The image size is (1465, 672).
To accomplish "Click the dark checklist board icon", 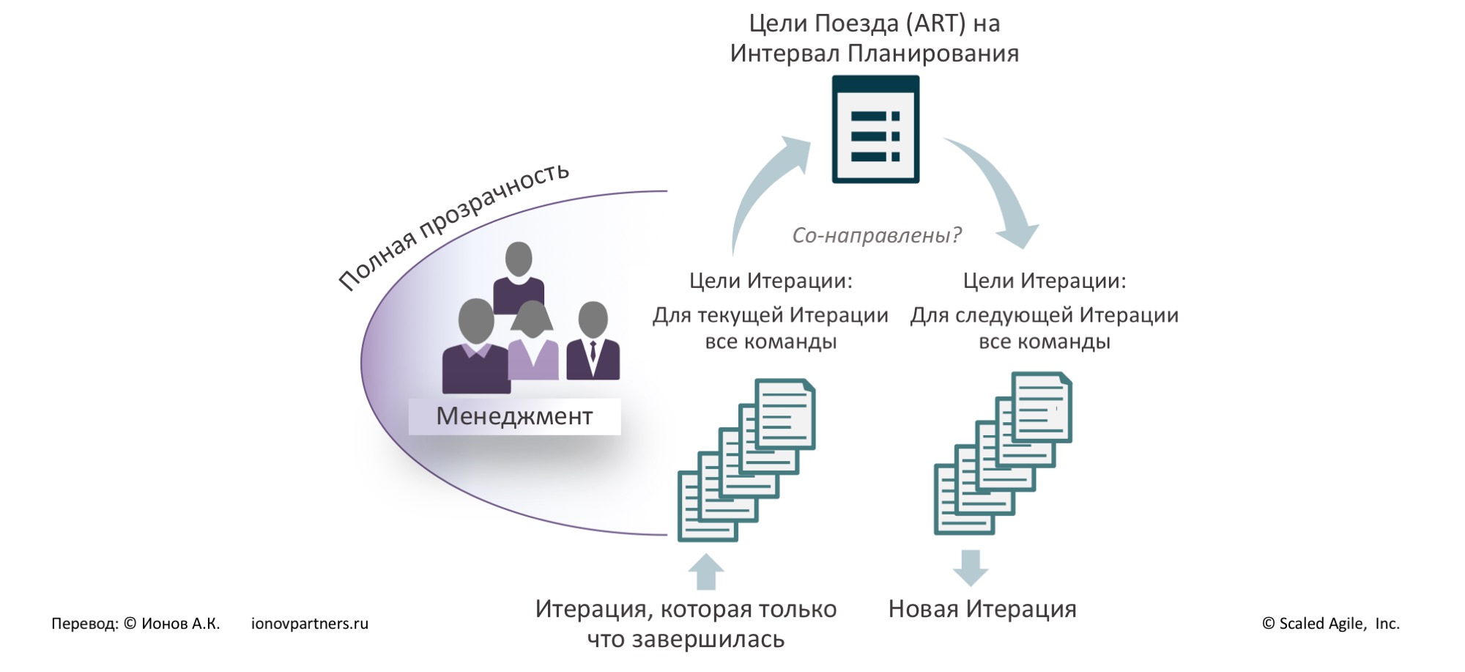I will [875, 130].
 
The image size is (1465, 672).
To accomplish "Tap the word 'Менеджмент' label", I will [514, 416].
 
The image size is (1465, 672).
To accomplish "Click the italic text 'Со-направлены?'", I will [876, 235].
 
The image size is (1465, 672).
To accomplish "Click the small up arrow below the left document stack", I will [706, 572].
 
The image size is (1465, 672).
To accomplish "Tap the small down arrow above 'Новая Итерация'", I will [971, 567].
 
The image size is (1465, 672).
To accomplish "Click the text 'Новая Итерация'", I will [982, 609].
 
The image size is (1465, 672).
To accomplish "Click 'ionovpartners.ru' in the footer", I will [309, 624].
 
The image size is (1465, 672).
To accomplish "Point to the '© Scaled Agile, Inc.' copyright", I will [1330, 624].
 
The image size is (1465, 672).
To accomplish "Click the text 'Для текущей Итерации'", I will [770, 316].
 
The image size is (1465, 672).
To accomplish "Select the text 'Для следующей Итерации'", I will [1044, 316].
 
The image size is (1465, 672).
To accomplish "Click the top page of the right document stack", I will [1041, 407].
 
